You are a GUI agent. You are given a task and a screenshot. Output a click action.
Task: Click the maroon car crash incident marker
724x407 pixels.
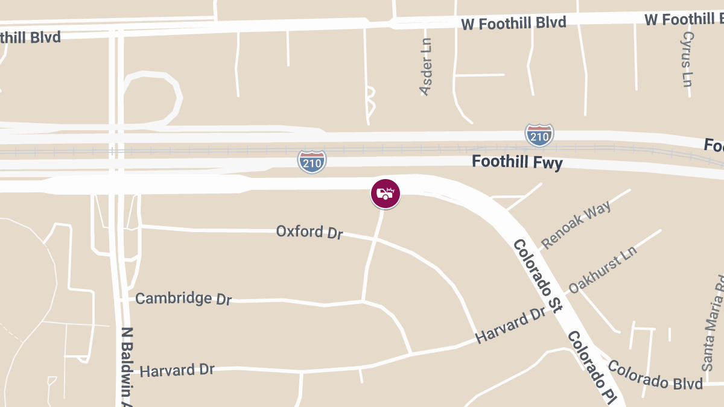[x=386, y=194]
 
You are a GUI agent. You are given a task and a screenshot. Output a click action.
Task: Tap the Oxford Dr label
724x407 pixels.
[x=310, y=232]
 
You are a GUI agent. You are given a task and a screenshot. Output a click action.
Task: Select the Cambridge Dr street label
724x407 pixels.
[x=183, y=298]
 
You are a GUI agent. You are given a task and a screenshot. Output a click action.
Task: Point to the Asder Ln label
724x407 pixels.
[x=426, y=66]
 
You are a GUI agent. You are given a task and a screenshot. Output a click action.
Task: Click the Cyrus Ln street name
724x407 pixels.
[x=687, y=59]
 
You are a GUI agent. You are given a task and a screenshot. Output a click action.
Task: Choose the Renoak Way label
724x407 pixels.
[x=576, y=224]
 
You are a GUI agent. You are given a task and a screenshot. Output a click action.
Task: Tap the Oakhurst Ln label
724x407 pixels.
[x=602, y=270]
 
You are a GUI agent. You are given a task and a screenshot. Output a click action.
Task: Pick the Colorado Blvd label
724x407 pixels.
[x=655, y=375]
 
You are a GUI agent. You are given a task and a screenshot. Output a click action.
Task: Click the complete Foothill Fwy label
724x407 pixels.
[x=517, y=162]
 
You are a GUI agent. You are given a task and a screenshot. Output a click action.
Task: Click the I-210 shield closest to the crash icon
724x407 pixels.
[x=312, y=162]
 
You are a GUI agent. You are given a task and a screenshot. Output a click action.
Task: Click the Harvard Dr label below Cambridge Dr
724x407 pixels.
[x=177, y=370]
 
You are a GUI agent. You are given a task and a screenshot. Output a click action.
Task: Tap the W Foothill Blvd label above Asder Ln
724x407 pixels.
[x=513, y=24]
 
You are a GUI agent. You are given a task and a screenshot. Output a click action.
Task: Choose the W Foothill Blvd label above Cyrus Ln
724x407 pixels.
[x=684, y=19]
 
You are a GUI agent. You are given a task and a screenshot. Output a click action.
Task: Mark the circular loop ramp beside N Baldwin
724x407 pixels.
[x=151, y=96]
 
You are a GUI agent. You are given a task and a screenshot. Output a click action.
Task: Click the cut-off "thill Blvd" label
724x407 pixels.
[x=30, y=37]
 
